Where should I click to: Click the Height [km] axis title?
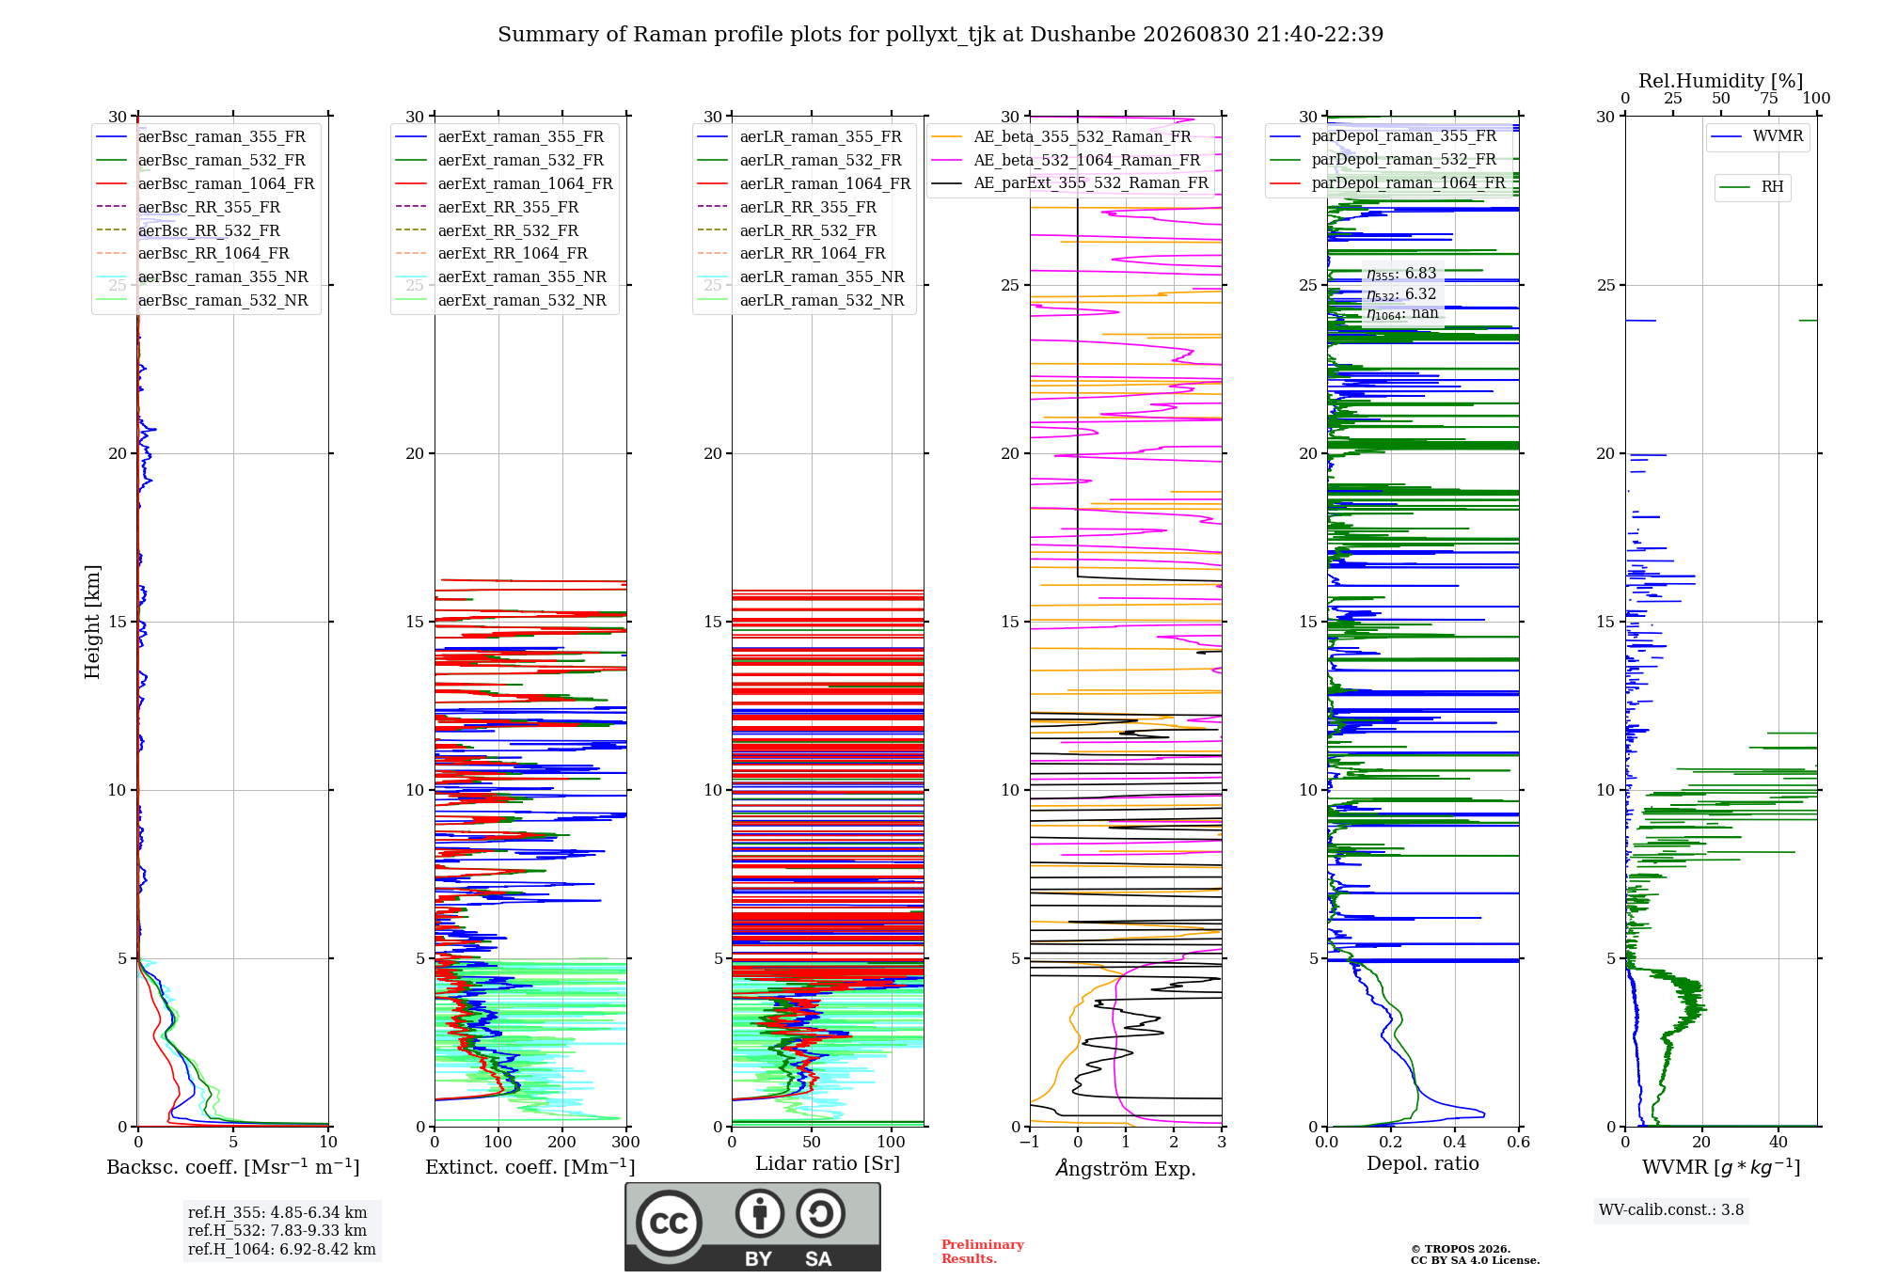pos(92,622)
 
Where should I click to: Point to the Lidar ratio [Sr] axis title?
pos(828,1163)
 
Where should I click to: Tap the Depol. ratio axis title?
pos(1423,1163)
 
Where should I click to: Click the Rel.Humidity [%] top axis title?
pos(1721,81)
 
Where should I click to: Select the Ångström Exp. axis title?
pos(1126,1168)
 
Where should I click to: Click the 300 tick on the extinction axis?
pos(625,1142)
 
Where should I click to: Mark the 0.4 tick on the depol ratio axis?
pos(1455,1142)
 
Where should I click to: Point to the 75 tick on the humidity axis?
pos(1769,98)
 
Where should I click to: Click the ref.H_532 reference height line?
pos(277,1230)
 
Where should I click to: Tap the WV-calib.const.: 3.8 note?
pos(1671,1209)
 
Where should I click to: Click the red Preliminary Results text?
pos(983,1252)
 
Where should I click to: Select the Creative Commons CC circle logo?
pos(669,1224)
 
